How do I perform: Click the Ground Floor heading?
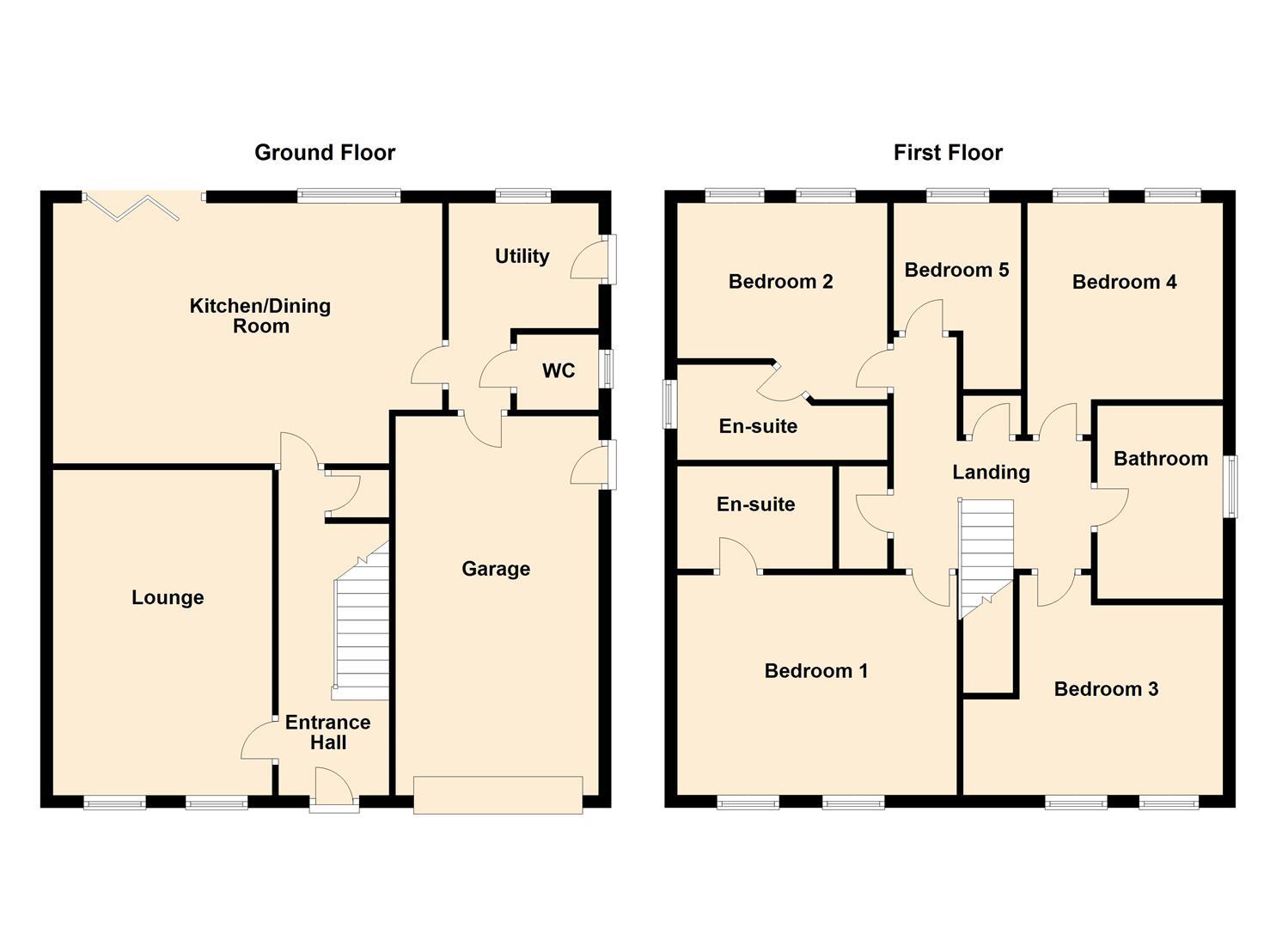pos(325,153)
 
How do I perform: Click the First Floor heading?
pos(948,153)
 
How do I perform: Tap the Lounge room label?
pos(168,597)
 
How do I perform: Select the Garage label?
pos(496,569)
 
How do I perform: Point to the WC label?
pos(559,371)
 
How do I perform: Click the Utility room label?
pos(522,256)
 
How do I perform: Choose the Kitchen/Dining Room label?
pos(260,316)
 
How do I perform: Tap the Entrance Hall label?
pos(328,733)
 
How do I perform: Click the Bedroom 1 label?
pos(815,671)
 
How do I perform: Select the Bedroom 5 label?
pos(956,270)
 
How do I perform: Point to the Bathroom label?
pos(1161,459)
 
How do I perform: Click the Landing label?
pos(992,473)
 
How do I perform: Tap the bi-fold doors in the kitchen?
pos(143,207)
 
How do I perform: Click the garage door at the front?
pos(498,795)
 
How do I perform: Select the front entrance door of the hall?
pos(334,790)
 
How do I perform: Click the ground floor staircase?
pos(361,621)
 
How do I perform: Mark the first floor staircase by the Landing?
pos(986,559)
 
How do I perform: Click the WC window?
pos(607,369)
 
